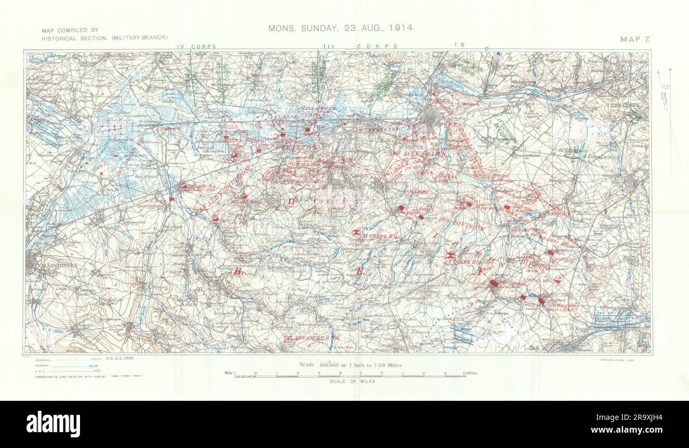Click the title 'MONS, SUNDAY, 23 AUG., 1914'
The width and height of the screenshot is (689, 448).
[x=341, y=28]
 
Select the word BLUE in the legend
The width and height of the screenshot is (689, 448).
[x=98, y=365]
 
